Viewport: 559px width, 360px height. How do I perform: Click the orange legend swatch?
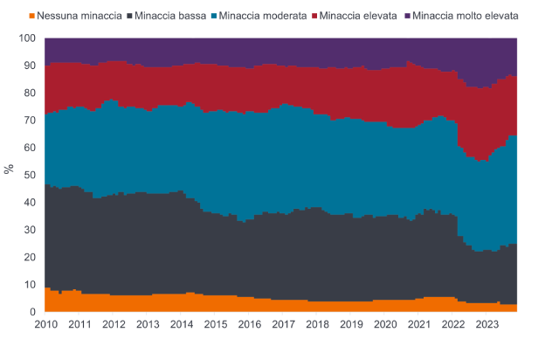(x=34, y=17)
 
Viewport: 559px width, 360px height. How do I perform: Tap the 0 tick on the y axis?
(x=32, y=312)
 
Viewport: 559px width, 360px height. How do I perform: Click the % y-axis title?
(x=10, y=169)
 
